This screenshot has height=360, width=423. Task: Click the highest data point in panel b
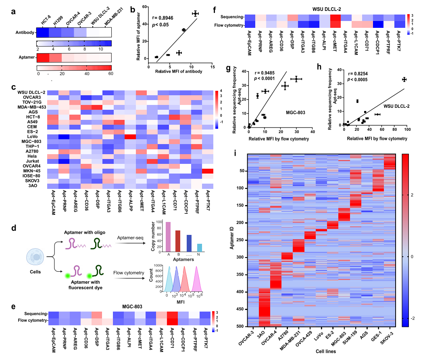[x=195, y=14]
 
